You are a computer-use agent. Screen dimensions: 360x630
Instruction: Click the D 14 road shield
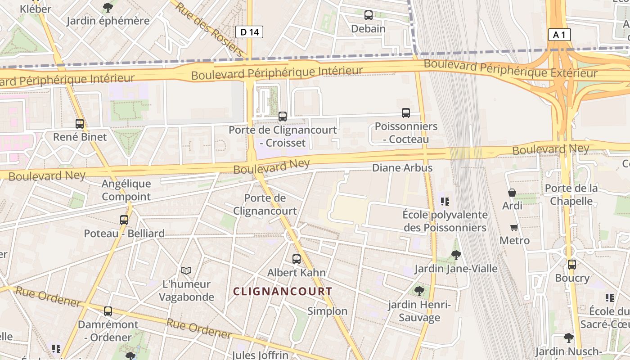[x=249, y=32]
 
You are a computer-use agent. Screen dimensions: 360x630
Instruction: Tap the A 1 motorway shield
[x=559, y=35]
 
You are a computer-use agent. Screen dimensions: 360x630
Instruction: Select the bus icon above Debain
[x=369, y=15]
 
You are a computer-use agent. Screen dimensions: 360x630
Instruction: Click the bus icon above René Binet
[x=80, y=123]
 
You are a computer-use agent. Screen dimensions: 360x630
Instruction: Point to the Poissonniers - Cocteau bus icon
[x=406, y=113]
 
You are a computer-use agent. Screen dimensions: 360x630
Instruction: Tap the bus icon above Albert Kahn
[x=296, y=259]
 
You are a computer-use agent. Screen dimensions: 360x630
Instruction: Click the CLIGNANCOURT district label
[x=283, y=291]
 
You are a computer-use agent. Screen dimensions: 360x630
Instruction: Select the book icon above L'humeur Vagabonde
[x=186, y=270]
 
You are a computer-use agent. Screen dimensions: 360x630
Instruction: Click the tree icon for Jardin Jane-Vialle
[x=456, y=255]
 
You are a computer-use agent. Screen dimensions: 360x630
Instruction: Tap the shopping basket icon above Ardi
[x=512, y=193]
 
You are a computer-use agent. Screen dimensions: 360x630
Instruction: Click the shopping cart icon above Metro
[x=514, y=227]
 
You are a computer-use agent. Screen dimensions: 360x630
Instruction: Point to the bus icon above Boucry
[x=571, y=265]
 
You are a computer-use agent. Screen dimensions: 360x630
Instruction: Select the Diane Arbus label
[x=402, y=168]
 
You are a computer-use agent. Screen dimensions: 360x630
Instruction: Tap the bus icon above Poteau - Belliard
[x=124, y=220]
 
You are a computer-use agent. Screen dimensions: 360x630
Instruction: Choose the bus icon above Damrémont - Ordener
[x=108, y=311]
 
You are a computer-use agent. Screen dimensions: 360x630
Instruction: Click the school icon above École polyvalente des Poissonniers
[x=445, y=202]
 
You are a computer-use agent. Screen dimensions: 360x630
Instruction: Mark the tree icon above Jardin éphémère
[x=108, y=8]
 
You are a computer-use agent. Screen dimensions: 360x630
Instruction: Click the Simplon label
[x=327, y=311]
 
